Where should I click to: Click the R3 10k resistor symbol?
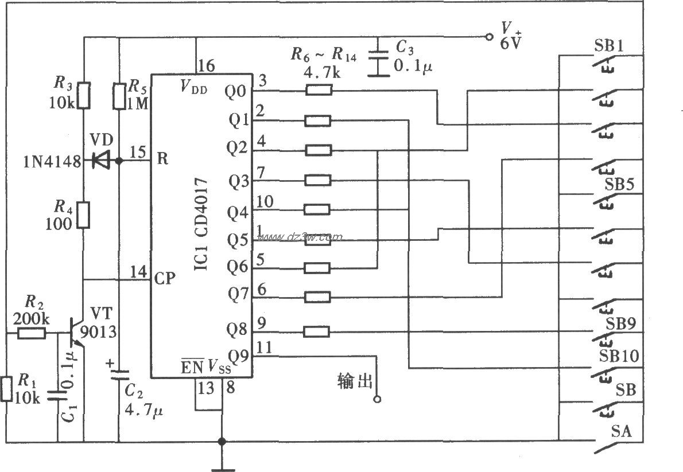(x=84, y=95)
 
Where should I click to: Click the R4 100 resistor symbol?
(x=84, y=214)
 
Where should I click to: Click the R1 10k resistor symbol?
(x=6, y=389)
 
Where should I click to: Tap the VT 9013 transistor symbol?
(x=77, y=333)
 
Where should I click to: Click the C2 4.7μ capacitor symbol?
(x=119, y=376)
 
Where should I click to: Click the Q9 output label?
(x=237, y=356)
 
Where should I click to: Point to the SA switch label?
(x=621, y=430)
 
